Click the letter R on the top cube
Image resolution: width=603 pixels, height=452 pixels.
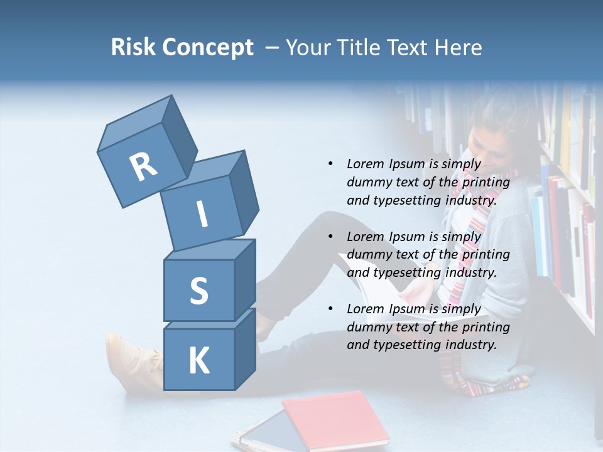coord(143,167)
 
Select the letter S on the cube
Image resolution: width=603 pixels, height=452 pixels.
coord(198,291)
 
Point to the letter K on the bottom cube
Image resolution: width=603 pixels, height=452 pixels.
coord(198,361)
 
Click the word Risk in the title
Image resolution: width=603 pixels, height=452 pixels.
coord(133,48)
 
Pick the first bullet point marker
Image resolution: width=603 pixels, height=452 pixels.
coord(330,164)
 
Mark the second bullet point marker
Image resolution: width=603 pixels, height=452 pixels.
coord(330,237)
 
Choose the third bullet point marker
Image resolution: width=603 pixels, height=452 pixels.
coord(330,309)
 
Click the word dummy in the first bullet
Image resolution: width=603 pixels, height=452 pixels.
coord(367,183)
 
